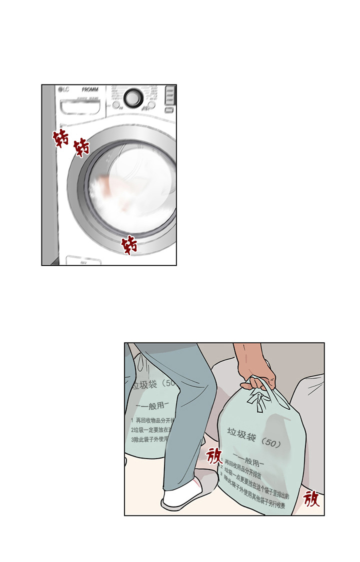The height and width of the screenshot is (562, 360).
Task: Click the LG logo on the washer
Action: (63, 90)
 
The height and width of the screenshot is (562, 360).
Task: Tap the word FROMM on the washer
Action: (90, 90)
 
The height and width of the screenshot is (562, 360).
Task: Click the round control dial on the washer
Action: (133, 98)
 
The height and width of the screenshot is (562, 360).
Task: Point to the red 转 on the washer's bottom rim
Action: (130, 245)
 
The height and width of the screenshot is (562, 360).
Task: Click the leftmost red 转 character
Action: (61, 138)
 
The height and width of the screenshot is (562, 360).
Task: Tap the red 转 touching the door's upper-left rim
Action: (81, 147)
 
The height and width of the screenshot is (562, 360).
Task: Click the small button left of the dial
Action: (116, 105)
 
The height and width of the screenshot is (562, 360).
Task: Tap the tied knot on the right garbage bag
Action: (258, 400)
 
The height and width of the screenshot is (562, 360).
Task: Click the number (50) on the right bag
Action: (273, 443)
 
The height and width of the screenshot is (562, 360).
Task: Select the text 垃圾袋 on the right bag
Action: (242, 435)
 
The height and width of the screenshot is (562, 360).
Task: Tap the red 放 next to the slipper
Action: (214, 456)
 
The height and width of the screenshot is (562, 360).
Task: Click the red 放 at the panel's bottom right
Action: (311, 498)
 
